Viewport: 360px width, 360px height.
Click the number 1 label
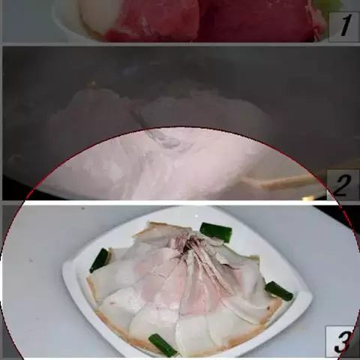[x=343, y=26]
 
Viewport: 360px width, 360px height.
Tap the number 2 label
[x=342, y=185]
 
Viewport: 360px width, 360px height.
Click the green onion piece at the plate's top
[x=215, y=232]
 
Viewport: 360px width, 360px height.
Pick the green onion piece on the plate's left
[x=99, y=260]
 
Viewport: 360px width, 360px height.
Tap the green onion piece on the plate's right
[x=279, y=291]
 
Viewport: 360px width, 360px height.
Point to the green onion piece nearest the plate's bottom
[x=163, y=345]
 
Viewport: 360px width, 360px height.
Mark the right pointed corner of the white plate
[x=311, y=298]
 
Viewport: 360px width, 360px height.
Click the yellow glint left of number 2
[x=309, y=199]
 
